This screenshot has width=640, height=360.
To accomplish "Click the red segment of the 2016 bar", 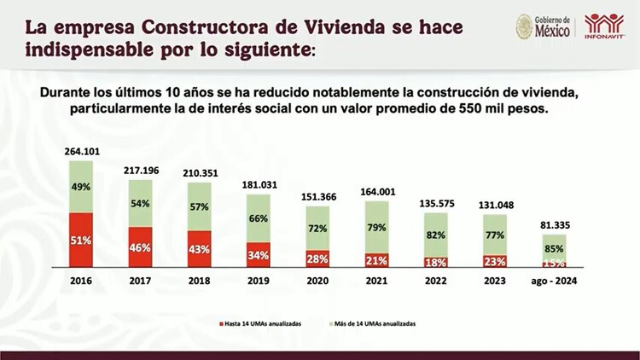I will coord(81,240).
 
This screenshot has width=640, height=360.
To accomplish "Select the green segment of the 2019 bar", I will coord(259,218).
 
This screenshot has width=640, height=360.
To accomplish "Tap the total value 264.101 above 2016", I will coord(81,152).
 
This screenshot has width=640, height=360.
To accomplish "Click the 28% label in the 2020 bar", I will coord(317,258).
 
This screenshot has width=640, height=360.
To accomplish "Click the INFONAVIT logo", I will coord(604,26).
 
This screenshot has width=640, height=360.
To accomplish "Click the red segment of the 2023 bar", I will coord(494,260).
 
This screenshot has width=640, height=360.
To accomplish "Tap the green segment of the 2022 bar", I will coord(435,234).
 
